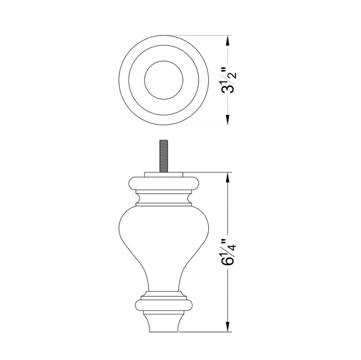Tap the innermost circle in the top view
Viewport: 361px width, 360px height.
pyautogui.click(x=164, y=61)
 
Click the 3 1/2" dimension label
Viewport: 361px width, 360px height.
pyautogui.click(x=228, y=80)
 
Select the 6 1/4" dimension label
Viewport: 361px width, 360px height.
pyautogui.click(x=228, y=252)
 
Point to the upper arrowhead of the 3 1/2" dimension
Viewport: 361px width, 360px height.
pyautogui.click(x=228, y=41)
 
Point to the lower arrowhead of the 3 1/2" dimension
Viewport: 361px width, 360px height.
pyautogui.click(x=228, y=120)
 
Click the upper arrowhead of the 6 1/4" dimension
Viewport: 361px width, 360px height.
pyautogui.click(x=228, y=177)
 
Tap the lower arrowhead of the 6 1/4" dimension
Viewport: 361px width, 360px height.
pyautogui.click(x=228, y=327)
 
